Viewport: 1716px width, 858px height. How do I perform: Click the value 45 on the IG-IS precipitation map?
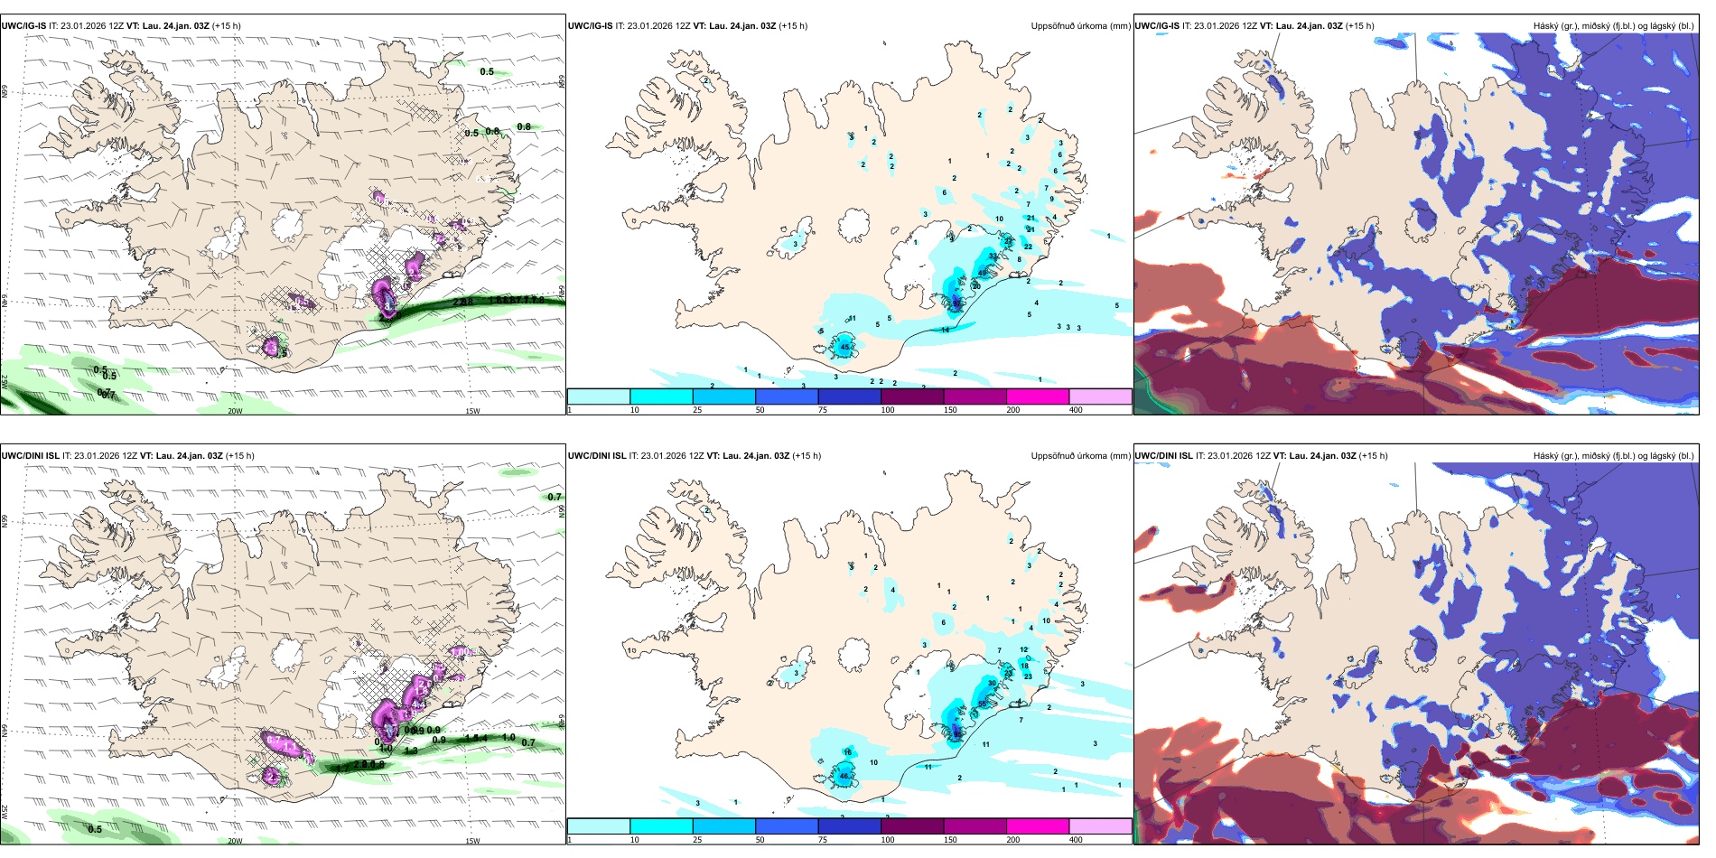coord(845,347)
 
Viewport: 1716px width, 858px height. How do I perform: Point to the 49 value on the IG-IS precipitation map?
coord(983,273)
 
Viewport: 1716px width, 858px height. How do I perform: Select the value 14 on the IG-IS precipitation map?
coord(946,331)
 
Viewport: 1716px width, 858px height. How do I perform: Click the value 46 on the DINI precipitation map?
coord(844,776)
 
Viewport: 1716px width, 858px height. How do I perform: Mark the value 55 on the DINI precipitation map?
coord(983,704)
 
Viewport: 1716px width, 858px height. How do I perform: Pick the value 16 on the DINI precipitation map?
coord(847,752)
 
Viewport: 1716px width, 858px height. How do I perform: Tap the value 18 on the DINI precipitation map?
coord(1024,666)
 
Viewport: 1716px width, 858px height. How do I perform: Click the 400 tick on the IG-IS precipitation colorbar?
coord(1076,410)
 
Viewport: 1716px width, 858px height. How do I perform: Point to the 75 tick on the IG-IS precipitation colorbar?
coord(823,410)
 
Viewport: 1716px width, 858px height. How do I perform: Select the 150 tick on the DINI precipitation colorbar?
coord(950,840)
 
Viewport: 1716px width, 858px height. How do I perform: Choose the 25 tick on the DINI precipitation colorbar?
coord(697,840)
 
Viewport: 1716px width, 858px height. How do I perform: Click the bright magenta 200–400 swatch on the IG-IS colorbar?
coord(1037,396)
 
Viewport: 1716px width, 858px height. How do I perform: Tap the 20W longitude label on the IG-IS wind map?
coord(235,411)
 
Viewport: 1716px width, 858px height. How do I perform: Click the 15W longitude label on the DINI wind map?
coord(472,841)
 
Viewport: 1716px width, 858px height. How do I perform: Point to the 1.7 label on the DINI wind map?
coord(342,768)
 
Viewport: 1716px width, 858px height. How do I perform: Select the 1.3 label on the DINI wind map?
coord(411,751)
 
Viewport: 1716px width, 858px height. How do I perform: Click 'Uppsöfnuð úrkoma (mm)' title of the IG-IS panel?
coord(1080,26)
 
